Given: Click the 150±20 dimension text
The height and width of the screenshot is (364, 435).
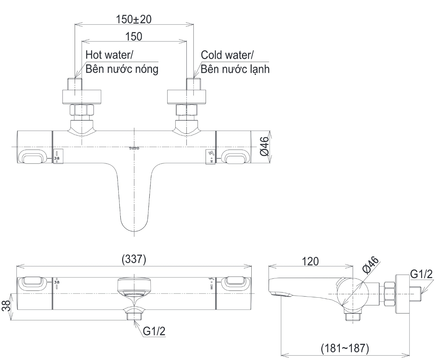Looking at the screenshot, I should click(134, 19).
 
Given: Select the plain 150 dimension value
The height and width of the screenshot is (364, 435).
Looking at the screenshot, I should click(134, 36).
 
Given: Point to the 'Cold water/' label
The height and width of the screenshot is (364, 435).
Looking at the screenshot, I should click(227, 55).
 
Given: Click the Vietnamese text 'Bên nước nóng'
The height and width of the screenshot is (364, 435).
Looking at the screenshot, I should click(122, 69).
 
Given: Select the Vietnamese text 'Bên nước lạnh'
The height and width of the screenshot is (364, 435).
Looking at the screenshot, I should click(235, 69).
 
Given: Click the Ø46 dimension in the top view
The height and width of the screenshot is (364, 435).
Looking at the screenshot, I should click(265, 146).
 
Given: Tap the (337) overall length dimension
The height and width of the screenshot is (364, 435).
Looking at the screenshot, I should click(134, 260).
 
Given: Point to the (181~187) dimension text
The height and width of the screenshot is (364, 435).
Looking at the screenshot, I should click(345, 347).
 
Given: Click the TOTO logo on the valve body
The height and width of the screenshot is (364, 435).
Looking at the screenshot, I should click(134, 148).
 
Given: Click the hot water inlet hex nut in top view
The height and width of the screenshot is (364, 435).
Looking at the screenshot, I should click(81, 111).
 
